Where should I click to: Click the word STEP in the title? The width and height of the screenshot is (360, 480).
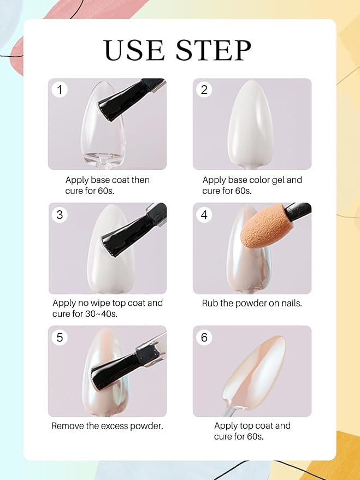tap(215, 50)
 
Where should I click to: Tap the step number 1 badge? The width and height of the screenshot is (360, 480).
tap(60, 90)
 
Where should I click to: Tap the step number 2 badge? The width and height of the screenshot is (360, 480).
tap(204, 90)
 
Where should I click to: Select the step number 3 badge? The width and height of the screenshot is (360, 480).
tap(60, 215)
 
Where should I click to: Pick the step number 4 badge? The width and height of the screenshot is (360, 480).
tap(204, 215)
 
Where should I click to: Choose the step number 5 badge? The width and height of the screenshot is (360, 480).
tap(60, 337)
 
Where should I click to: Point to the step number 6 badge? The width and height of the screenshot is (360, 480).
tap(204, 337)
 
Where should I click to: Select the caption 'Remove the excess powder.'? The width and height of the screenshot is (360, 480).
tap(107, 426)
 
